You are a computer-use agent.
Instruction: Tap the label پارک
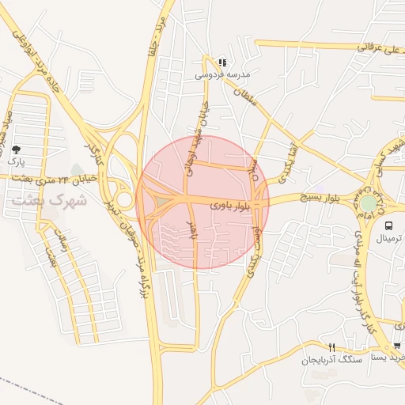(x=17, y=161)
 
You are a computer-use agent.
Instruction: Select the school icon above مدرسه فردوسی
(x=223, y=62)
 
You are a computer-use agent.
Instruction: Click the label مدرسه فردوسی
(x=223, y=74)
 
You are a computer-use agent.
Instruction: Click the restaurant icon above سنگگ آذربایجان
(x=332, y=347)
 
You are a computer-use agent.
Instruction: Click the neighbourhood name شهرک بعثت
(x=49, y=200)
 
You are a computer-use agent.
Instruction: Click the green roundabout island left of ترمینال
(x=369, y=203)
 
